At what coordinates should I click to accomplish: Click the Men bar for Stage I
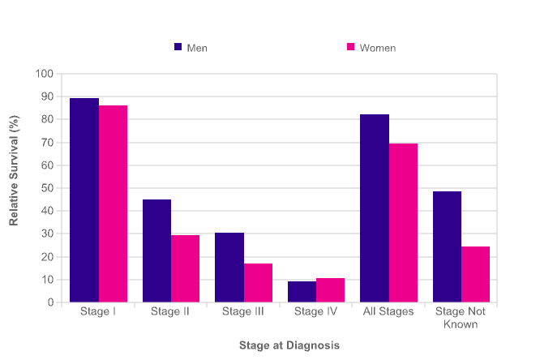pyautogui.click(x=84, y=200)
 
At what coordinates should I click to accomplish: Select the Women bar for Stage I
pyautogui.click(x=113, y=204)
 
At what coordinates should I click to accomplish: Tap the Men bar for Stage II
pyautogui.click(x=156, y=251)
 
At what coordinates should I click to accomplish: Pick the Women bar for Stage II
pyautogui.click(x=186, y=268)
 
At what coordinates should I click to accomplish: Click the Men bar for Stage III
pyautogui.click(x=229, y=268)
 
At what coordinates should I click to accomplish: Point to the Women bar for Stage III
pyautogui.click(x=258, y=283)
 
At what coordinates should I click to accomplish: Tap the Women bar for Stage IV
pyautogui.click(x=331, y=290)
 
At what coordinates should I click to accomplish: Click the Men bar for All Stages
pyautogui.click(x=375, y=208)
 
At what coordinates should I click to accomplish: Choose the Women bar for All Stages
pyautogui.click(x=403, y=223)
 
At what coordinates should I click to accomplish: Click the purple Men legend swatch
pyautogui.click(x=178, y=47)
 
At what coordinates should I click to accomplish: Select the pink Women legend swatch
pyautogui.click(x=351, y=47)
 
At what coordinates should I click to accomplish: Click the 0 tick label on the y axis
pyautogui.click(x=49, y=302)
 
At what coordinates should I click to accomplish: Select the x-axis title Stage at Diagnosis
pyautogui.click(x=289, y=345)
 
